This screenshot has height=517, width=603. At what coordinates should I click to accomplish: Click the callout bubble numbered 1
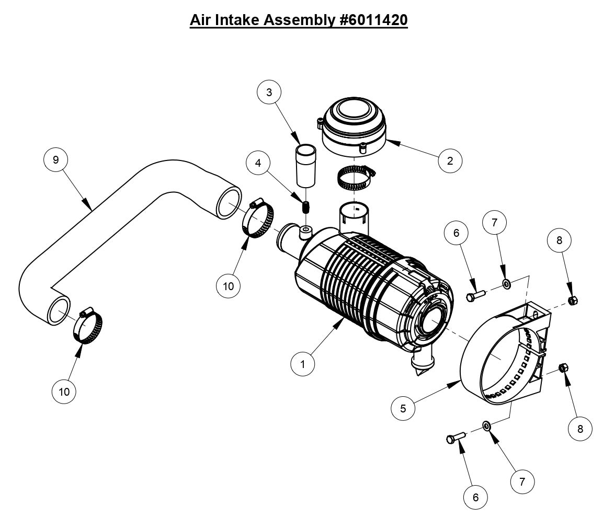[303, 364]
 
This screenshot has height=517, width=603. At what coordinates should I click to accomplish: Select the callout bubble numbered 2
[450, 160]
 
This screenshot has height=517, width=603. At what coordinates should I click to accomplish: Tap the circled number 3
[269, 93]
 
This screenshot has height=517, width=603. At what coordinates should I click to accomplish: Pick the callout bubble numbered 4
[258, 163]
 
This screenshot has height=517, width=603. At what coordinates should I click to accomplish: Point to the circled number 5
[403, 408]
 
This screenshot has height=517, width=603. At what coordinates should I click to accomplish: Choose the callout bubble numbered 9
[56, 160]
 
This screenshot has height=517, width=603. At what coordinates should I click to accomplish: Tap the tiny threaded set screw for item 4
[306, 207]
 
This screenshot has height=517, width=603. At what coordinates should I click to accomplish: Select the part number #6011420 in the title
[371, 20]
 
